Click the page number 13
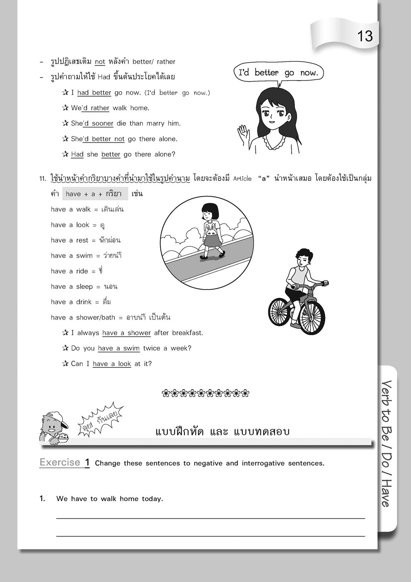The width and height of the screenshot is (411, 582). pos(365,37)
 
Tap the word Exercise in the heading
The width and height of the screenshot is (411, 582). pos(60,463)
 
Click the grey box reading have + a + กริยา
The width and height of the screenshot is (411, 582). pos(95,194)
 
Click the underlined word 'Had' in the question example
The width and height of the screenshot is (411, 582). pos(77,154)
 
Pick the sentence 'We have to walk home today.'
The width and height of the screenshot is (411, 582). pos(110,499)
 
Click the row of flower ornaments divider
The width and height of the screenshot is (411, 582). pos(206,393)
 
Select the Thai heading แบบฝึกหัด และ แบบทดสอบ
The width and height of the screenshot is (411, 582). pos(222,431)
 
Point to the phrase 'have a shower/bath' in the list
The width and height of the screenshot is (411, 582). pos(83,317)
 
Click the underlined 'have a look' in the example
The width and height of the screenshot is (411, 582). pos(112,364)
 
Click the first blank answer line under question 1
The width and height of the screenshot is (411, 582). pos(210,518)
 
